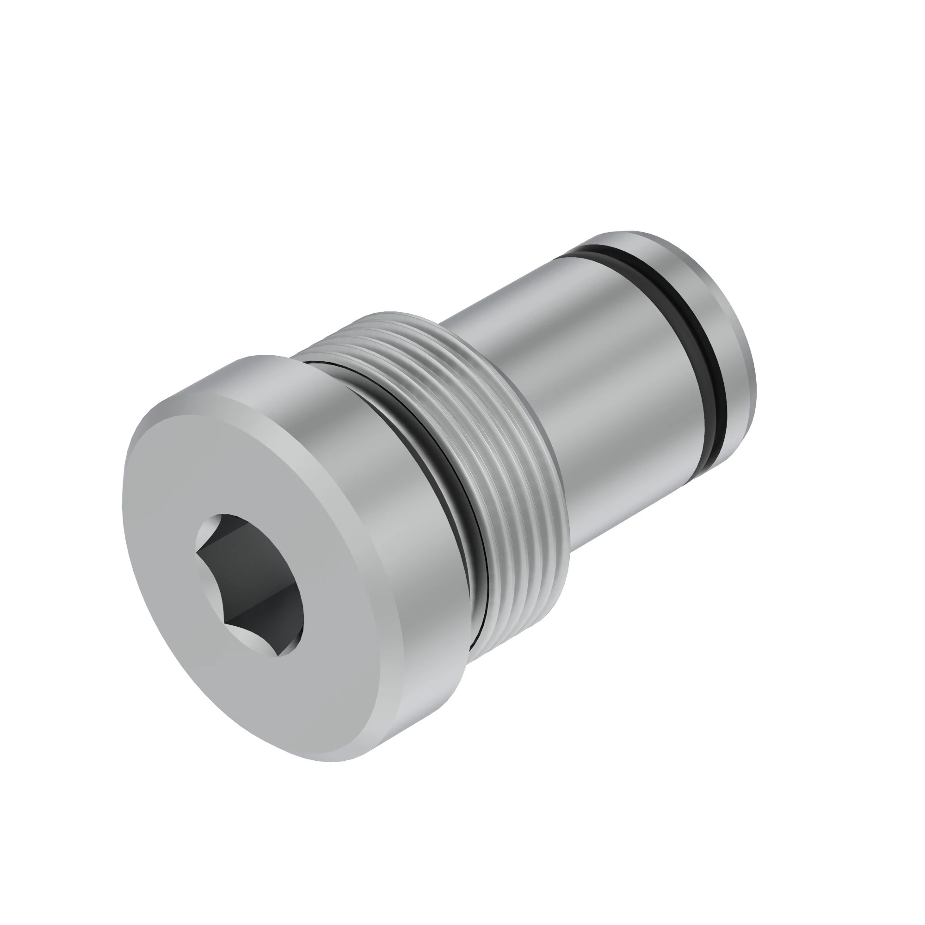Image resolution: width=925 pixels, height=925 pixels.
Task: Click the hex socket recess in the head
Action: [x=251, y=584]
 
